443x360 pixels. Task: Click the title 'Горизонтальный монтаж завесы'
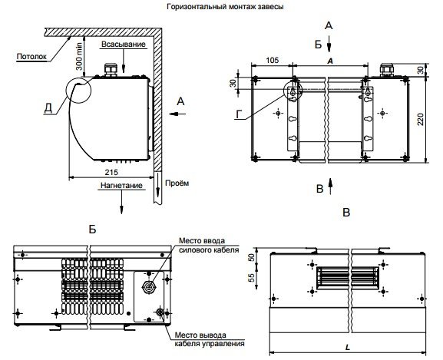point(225,6)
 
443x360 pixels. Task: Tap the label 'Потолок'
point(31,57)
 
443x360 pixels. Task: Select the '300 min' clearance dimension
point(80,56)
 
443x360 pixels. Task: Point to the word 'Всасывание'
point(124,45)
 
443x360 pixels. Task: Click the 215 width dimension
point(111,172)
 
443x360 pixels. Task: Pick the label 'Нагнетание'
point(121,186)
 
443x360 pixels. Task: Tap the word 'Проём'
point(177,183)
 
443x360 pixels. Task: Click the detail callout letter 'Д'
point(48,107)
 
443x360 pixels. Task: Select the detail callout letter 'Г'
point(239,114)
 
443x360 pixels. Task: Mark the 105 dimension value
point(272,60)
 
